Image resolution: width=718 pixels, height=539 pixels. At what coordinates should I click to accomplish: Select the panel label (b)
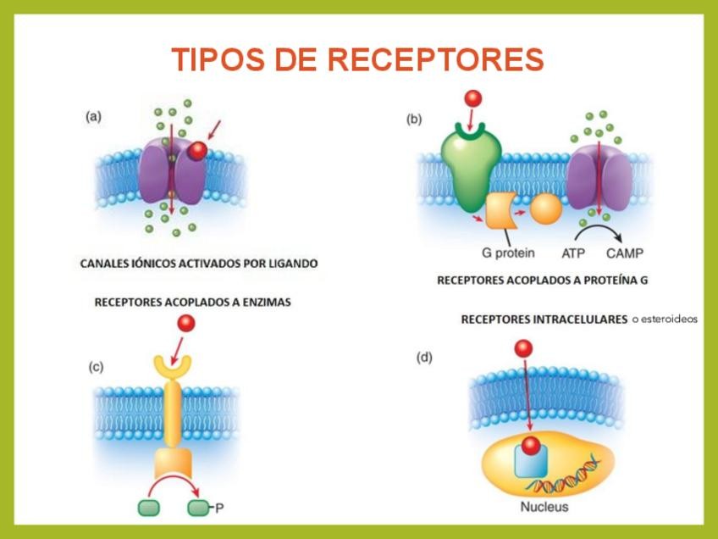click(x=413, y=119)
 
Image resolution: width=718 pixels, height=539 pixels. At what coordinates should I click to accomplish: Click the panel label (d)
click(x=424, y=357)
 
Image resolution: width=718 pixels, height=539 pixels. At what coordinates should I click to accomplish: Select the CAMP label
click(x=627, y=253)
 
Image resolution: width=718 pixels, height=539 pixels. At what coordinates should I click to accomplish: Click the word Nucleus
click(x=544, y=507)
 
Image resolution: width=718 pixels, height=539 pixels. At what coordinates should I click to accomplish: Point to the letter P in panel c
click(x=219, y=508)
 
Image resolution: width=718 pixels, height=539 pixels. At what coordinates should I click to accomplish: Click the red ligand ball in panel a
click(x=197, y=151)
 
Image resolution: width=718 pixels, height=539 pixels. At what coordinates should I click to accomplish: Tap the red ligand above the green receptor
click(x=471, y=98)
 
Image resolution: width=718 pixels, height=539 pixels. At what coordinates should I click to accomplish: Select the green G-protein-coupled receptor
click(x=471, y=165)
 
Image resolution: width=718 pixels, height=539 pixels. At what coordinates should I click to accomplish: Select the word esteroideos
click(x=664, y=320)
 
